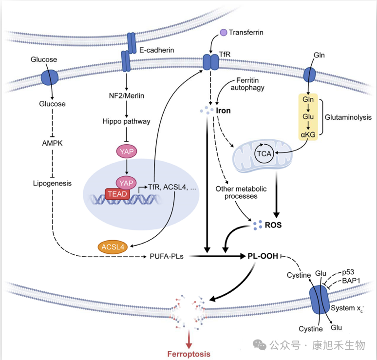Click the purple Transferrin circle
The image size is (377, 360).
(x=223, y=33)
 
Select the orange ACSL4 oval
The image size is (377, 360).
(x=113, y=247)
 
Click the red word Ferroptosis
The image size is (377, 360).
(x=189, y=354)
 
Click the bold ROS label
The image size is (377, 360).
(x=273, y=226)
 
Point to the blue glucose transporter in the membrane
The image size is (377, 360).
(x=50, y=76)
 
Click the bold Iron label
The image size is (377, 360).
(x=222, y=110)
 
